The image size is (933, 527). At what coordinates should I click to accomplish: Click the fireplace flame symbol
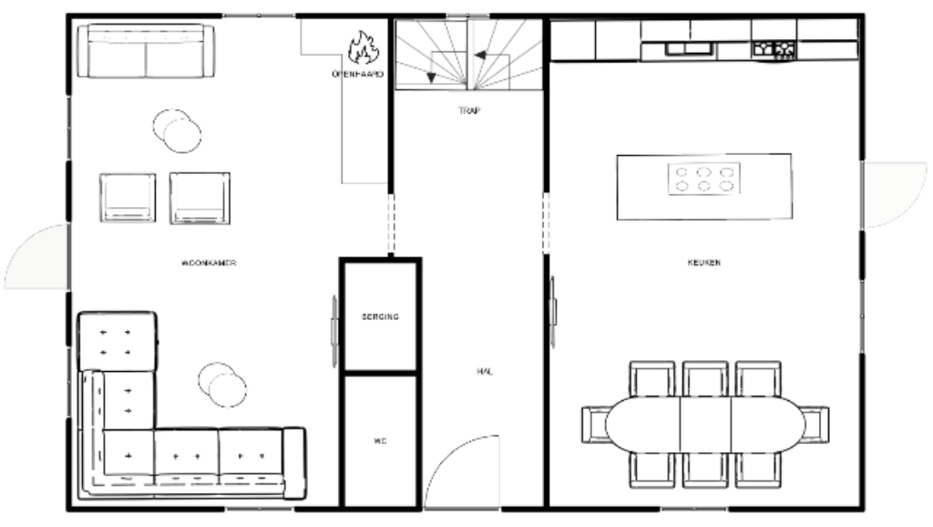point(363,48)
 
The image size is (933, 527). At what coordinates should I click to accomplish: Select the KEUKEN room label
point(704,263)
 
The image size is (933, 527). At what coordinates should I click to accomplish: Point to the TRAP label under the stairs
point(469,111)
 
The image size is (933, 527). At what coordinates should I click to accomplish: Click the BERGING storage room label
point(380,316)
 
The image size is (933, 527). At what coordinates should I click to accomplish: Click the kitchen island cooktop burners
point(703,179)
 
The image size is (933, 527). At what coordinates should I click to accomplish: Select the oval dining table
point(704,424)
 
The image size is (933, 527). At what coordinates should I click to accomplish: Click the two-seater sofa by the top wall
point(145,53)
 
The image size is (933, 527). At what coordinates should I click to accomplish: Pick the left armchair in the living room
point(128,197)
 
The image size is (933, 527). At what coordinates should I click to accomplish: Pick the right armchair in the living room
point(200,197)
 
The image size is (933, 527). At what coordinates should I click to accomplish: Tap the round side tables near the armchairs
point(177,129)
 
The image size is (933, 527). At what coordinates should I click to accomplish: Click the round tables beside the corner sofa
point(222,384)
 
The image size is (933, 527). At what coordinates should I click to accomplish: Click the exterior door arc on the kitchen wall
point(893,194)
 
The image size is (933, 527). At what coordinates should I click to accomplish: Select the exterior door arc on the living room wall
point(36,257)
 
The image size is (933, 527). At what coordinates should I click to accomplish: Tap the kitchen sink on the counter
point(678,48)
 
